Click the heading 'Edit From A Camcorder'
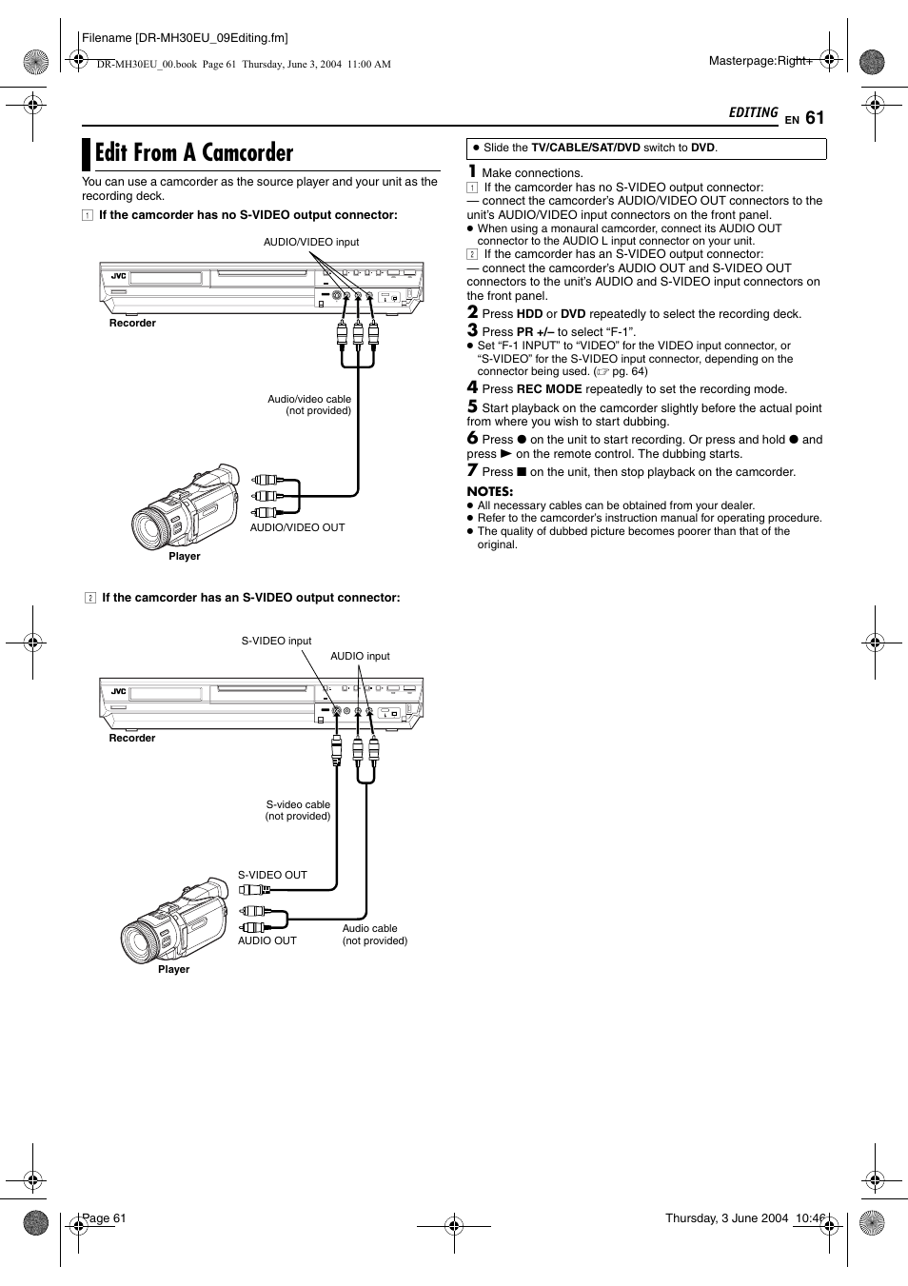coord(194,153)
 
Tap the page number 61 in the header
coord(815,118)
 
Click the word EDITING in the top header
coord(753,113)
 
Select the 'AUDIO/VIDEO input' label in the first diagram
coord(311,243)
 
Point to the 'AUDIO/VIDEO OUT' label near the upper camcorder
coord(297,527)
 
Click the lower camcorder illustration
coord(175,920)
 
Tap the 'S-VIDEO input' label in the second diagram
coord(276,642)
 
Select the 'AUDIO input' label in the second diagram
coord(360,657)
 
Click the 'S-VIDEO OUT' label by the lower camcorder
coord(272,876)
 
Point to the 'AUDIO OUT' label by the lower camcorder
coord(266,941)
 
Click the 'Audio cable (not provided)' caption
coord(374,935)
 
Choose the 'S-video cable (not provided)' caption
coord(298,811)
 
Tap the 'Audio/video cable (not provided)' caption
coord(309,406)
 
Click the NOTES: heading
coord(489,492)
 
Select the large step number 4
coord(472,387)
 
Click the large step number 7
coord(472,470)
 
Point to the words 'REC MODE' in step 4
coord(549,389)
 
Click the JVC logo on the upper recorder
coord(118,277)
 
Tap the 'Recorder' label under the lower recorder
coord(131,739)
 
